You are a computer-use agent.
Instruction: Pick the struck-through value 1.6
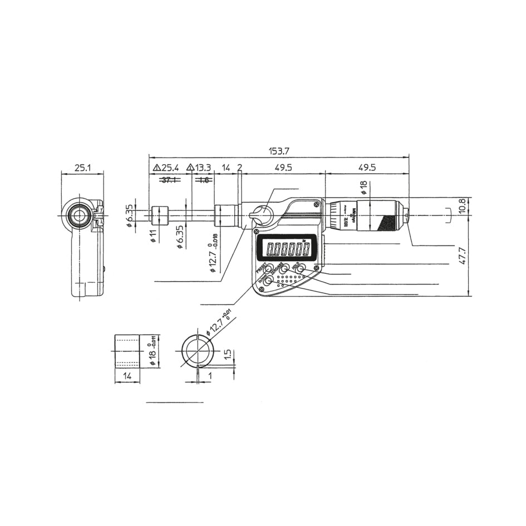203,180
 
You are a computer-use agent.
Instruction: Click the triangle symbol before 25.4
156,168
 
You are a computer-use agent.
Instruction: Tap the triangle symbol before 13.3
190,168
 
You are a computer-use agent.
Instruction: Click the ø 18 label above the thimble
364,186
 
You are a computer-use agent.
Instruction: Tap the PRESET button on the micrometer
269,269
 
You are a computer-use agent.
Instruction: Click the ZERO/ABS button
284,269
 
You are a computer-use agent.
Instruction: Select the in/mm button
268,281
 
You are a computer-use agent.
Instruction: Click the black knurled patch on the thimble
387,224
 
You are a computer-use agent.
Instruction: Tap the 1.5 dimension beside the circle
227,355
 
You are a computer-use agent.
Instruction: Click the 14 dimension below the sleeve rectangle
127,376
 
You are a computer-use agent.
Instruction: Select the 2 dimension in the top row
239,168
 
